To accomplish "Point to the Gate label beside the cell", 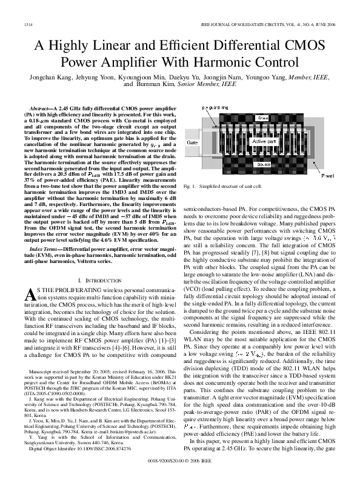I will click(192, 142).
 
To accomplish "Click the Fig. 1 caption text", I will click(231, 185).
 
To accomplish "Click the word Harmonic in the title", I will click(237, 62).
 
